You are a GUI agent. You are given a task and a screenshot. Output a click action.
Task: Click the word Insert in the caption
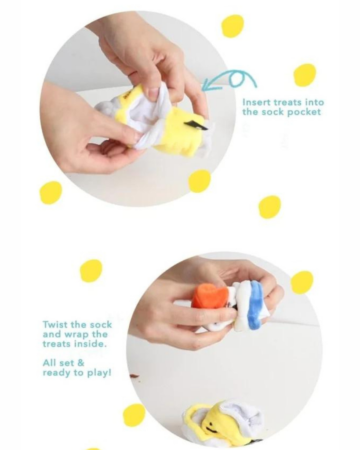pos(256,102)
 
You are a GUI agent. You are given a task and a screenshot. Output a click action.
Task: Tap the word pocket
pos(304,112)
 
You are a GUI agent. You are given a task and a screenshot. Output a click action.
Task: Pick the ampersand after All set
pos(81,363)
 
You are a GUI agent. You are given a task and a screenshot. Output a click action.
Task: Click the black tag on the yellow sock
pos(196,125)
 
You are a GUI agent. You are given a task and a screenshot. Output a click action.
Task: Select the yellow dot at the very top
pos(233,26)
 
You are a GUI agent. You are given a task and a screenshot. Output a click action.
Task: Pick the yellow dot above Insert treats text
pos(305,75)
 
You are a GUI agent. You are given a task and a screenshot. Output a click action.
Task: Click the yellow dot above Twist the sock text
pos(91,271)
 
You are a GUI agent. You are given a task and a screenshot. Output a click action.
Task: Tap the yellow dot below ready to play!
pos(134,415)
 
